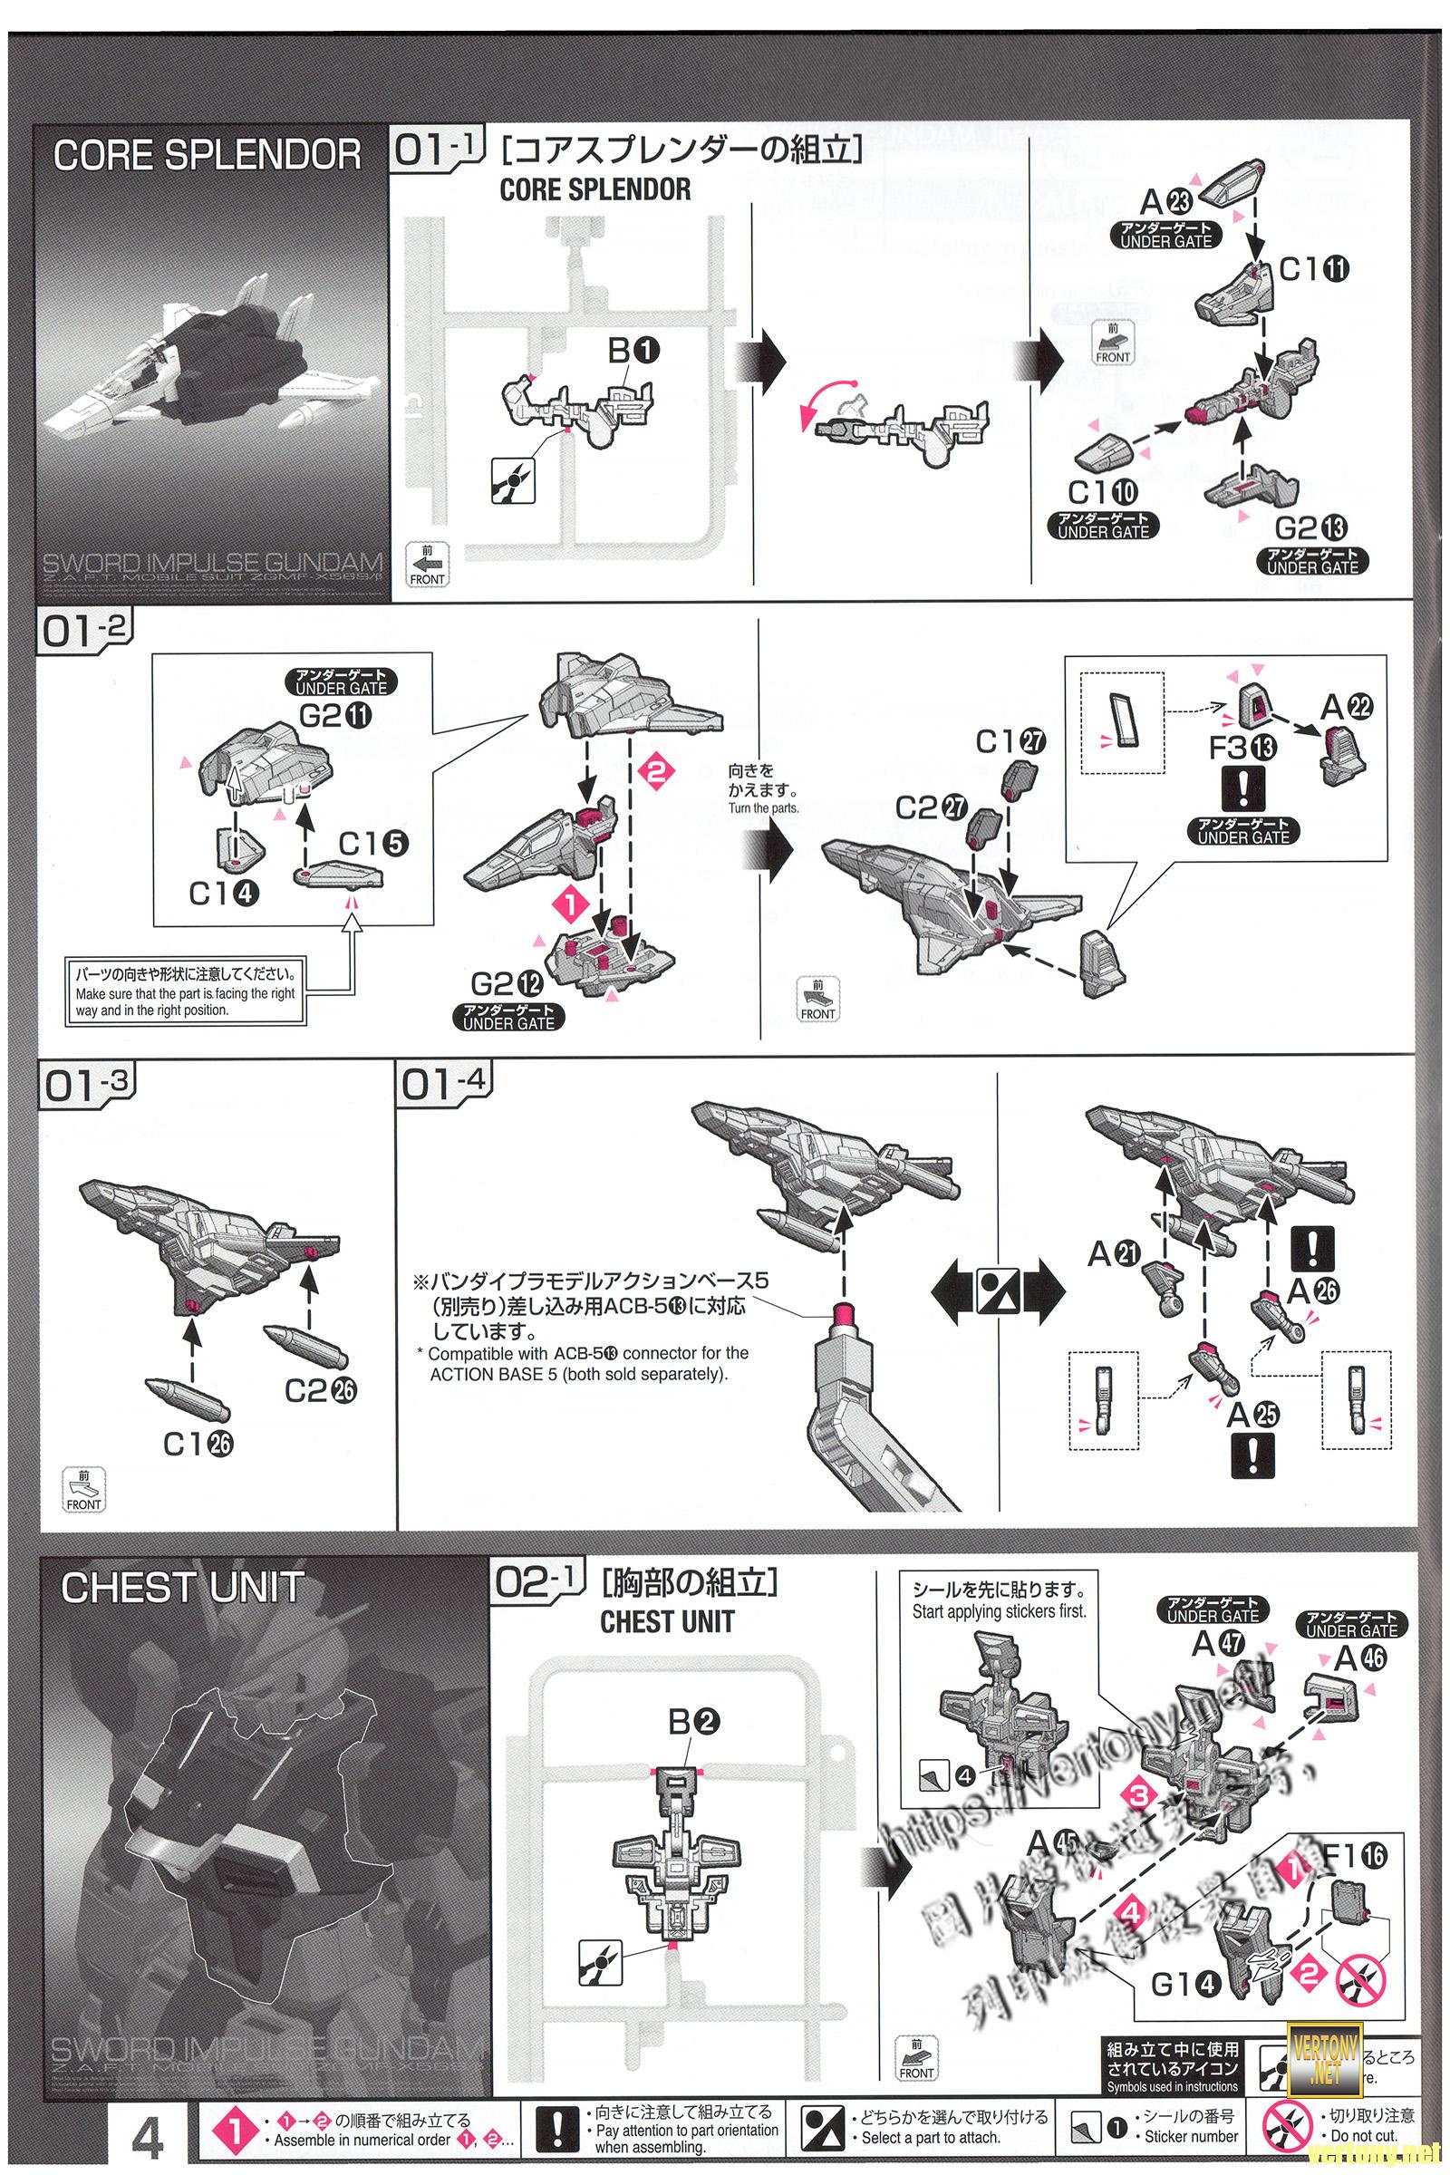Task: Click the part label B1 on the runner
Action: pyautogui.click(x=633, y=352)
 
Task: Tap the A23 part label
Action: pyautogui.click(x=1166, y=199)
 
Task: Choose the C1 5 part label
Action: pyautogui.click(x=373, y=844)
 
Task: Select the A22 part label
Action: pyautogui.click(x=1347, y=708)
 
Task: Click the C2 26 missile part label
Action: pyautogui.click(x=320, y=1390)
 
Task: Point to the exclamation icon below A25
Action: pyautogui.click(x=1252, y=1455)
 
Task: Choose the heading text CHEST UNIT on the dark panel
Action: pyautogui.click(x=182, y=1588)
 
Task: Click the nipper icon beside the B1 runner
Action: pyautogui.click(x=512, y=480)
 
